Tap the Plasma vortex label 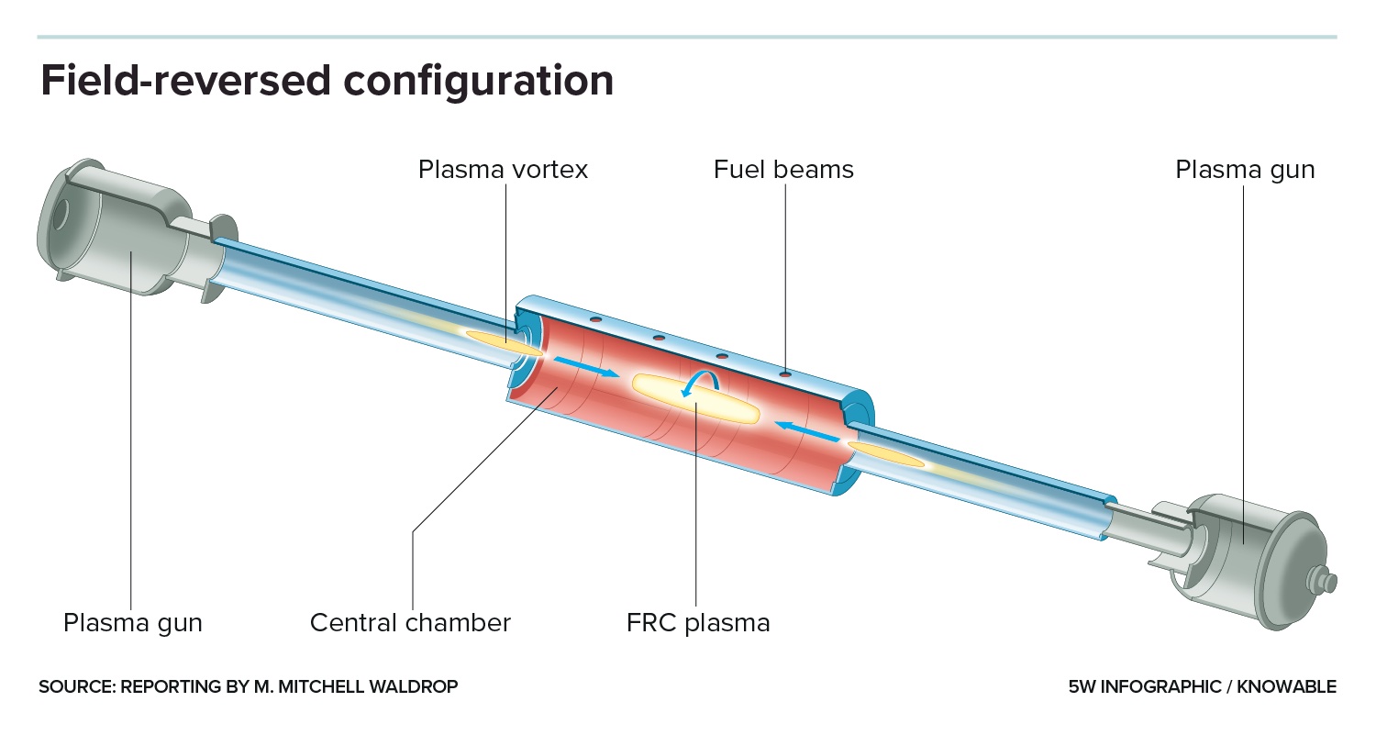click(x=503, y=170)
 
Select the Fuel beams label click(x=783, y=170)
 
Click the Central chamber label click(x=410, y=623)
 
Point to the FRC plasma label click(x=698, y=623)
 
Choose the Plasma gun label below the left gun click(x=132, y=623)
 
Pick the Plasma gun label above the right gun click(x=1245, y=170)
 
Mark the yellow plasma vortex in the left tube click(x=501, y=340)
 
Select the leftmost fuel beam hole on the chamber click(x=595, y=319)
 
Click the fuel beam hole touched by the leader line click(x=785, y=374)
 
